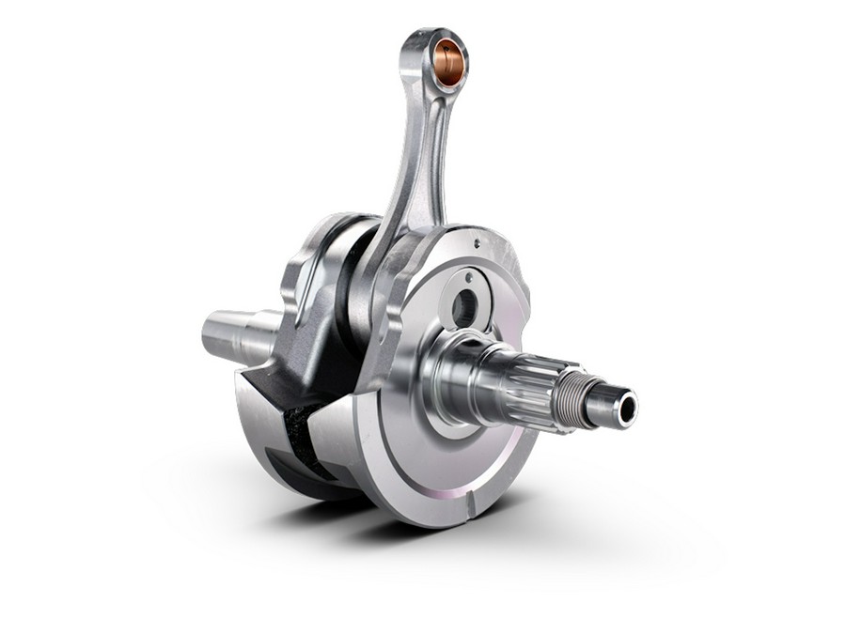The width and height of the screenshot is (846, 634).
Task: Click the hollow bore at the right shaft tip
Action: point(626,407)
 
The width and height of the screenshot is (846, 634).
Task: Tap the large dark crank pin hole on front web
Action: point(464,308)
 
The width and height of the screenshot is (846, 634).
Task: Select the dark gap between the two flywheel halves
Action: point(299,441)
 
